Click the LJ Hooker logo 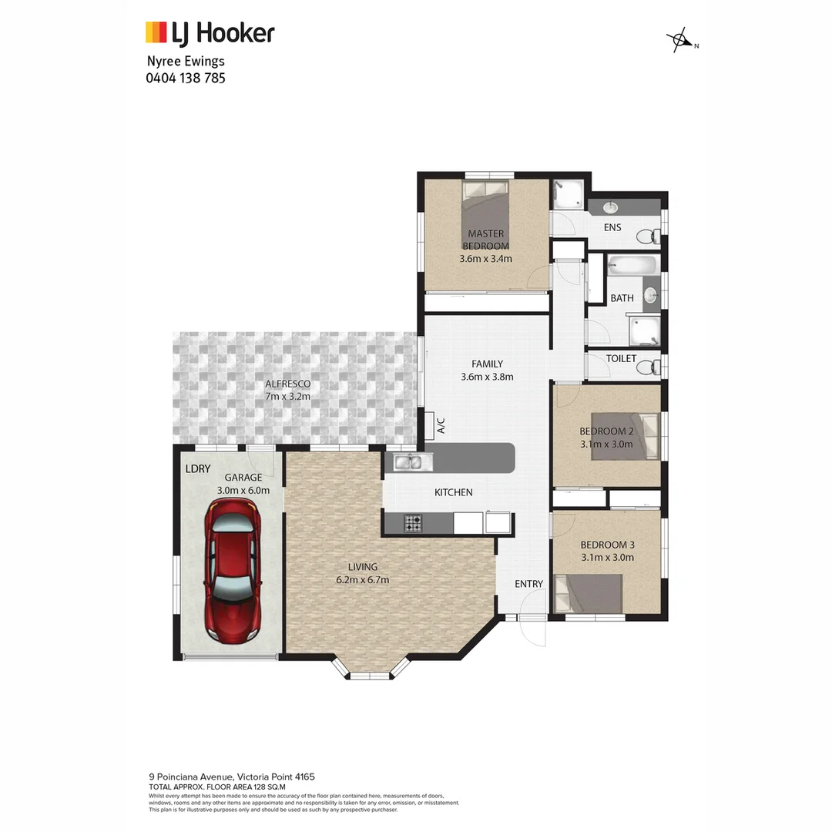pos(210,33)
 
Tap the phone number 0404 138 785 pos(185,78)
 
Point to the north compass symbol pos(679,40)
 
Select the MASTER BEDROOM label pos(485,240)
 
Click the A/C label pos(441,425)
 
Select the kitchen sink pos(413,462)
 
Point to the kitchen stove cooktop pos(413,524)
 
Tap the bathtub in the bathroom pos(632,267)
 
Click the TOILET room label pos(621,359)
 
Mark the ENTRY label pos(528,584)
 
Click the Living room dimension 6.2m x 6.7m pos(362,580)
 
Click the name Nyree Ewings pos(185,62)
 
